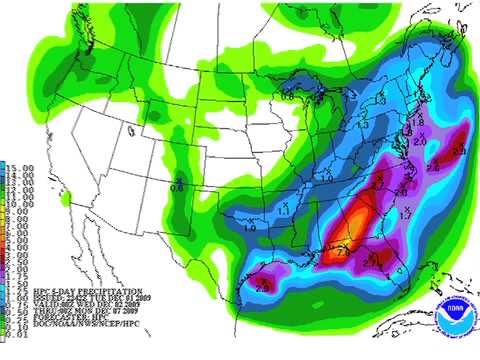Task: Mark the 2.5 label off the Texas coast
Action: [262, 287]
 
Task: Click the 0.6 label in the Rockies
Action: [177, 184]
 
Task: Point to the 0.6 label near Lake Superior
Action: [288, 96]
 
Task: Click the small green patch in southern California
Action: [65, 199]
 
